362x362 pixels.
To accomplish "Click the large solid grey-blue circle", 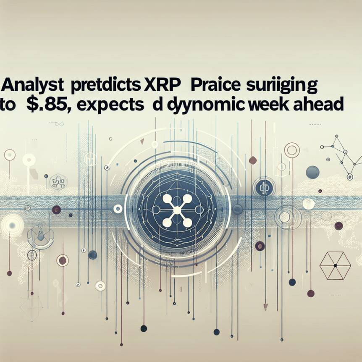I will (312, 172).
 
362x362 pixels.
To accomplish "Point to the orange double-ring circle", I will (292, 150).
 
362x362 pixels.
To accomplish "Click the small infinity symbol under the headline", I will (59, 123).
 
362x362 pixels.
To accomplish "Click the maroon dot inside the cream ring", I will (63, 260).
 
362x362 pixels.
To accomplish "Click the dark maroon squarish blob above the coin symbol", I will (253, 160).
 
